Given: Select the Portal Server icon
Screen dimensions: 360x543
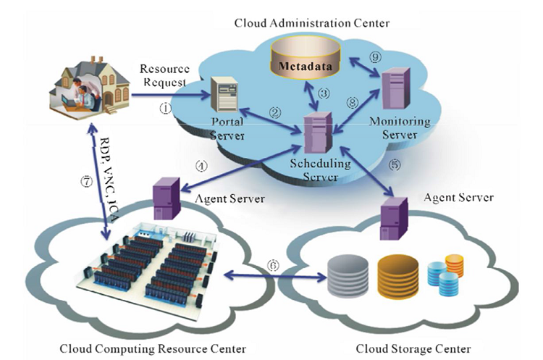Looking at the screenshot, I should coord(222,94).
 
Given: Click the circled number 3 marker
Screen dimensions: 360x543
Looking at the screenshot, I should coord(324,93).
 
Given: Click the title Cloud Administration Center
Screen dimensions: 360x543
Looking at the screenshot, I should coord(311,23).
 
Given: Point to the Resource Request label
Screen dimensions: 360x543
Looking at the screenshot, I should coord(166,75).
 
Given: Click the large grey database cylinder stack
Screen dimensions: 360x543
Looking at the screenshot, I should coord(347,276).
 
